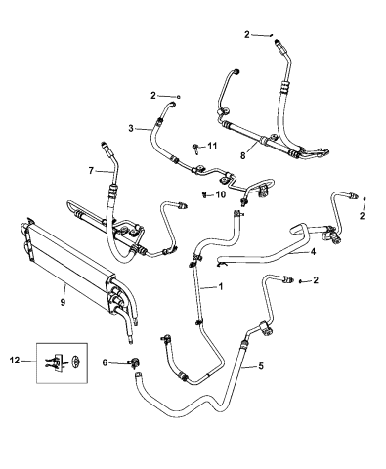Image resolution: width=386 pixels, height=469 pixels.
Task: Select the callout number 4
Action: tap(312, 251)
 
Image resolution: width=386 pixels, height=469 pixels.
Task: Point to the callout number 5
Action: tap(260, 366)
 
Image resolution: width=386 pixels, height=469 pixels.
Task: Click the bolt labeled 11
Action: tap(197, 148)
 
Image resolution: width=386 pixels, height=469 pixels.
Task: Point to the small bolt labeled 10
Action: tap(204, 194)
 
